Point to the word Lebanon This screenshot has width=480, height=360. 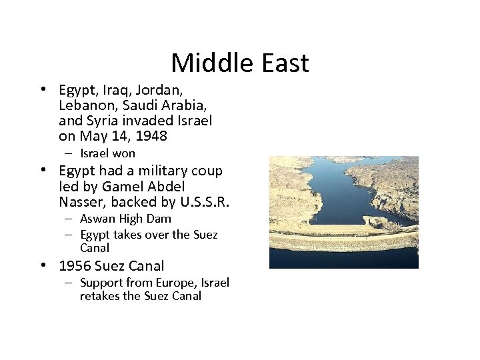pyautogui.click(x=85, y=105)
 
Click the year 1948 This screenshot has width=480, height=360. pyautogui.click(x=151, y=136)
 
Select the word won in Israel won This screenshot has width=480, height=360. pyautogui.click(x=124, y=153)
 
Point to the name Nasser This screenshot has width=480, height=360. pyautogui.click(x=81, y=201)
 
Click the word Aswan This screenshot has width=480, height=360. pyautogui.click(x=97, y=219)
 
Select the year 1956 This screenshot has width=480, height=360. pyautogui.click(x=75, y=266)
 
